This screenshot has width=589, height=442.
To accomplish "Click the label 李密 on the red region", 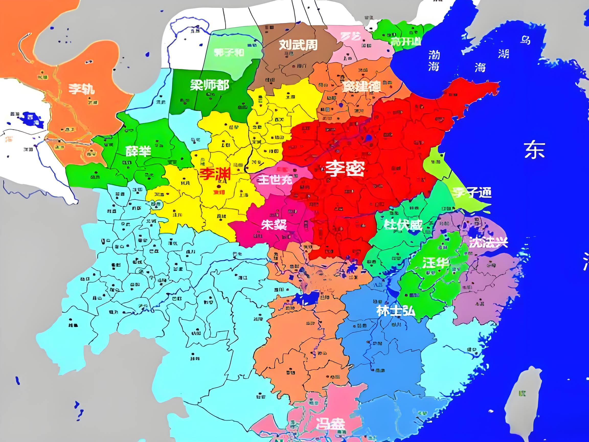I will tap(345, 169).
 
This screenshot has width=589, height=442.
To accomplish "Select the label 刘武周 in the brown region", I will tap(298, 45).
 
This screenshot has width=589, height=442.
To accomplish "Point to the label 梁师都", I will tap(209, 85).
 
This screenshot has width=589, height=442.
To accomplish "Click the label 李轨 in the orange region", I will tap(82, 89).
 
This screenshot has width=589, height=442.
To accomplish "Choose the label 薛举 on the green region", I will tap(138, 151).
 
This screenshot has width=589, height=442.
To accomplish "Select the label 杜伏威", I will tap(403, 225).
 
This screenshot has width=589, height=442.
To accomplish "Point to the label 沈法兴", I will tap(488, 242).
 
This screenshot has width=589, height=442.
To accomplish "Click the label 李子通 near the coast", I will tap(472, 192).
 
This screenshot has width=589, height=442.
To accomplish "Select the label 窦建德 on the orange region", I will tap(361, 86).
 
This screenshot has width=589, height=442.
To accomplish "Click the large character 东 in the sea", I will tap(534, 150).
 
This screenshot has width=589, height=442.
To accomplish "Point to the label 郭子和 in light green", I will tap(229, 52).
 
